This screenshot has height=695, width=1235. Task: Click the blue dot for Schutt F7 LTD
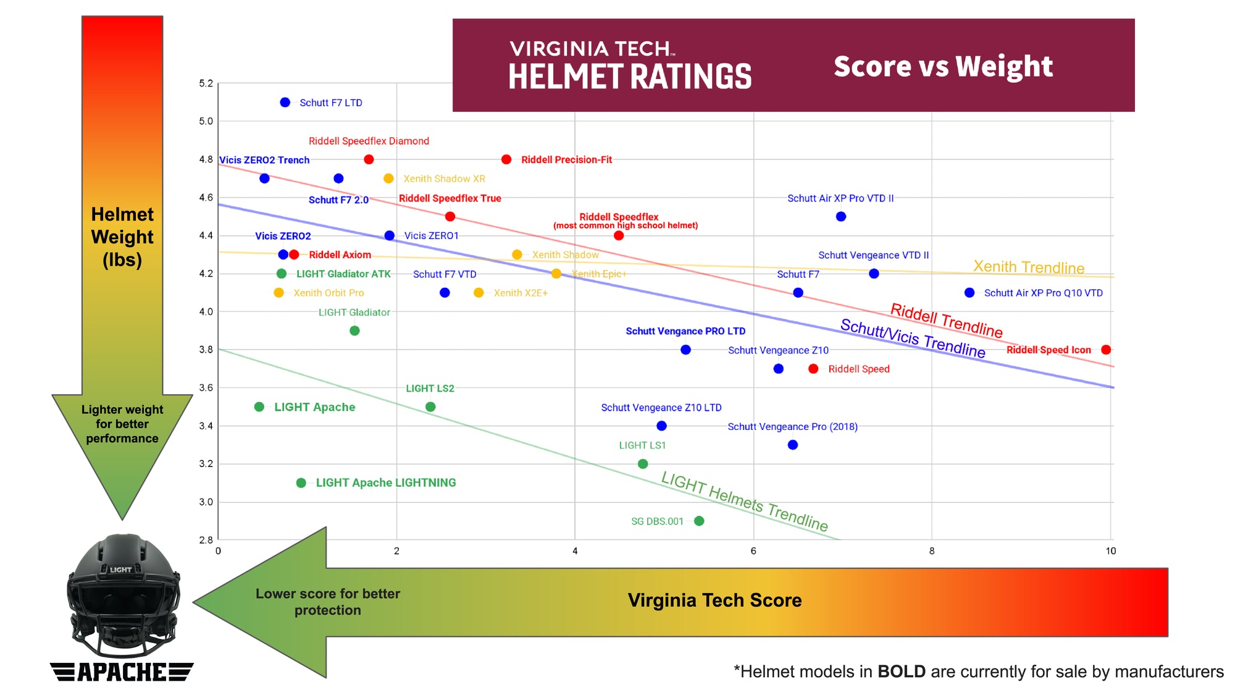pyautogui.click(x=285, y=103)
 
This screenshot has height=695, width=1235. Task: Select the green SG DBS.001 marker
pyautogui.click(x=699, y=521)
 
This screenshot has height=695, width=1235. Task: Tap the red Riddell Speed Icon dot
pyautogui.click(x=1106, y=350)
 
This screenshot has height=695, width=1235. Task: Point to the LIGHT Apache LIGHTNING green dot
pyautogui.click(x=301, y=482)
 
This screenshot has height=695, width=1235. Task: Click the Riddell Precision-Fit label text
pyautogui.click(x=566, y=159)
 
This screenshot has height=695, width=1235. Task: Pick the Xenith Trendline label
pyautogui.click(x=1029, y=267)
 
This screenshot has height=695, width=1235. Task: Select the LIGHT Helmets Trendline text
pyautogui.click(x=744, y=500)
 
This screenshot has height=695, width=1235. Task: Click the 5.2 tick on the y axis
pyautogui.click(x=206, y=83)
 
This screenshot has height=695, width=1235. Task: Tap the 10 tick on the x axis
pyautogui.click(x=1110, y=551)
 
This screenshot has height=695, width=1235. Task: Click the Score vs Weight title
pyautogui.click(x=942, y=66)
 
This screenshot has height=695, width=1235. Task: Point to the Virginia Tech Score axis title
pyautogui.click(x=714, y=600)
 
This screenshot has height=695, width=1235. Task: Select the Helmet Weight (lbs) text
pyautogui.click(x=122, y=237)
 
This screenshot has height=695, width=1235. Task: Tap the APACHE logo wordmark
pyautogui.click(x=122, y=672)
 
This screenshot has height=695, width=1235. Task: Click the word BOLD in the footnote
pyautogui.click(x=901, y=672)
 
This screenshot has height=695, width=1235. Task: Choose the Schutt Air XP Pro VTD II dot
pyautogui.click(x=840, y=216)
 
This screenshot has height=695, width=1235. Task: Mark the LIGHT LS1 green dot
pyautogui.click(x=643, y=463)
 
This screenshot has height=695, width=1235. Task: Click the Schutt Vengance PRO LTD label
pyautogui.click(x=685, y=331)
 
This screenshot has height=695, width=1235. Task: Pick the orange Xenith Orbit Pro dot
pyautogui.click(x=278, y=293)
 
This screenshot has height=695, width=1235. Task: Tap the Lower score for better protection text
pyautogui.click(x=328, y=602)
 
